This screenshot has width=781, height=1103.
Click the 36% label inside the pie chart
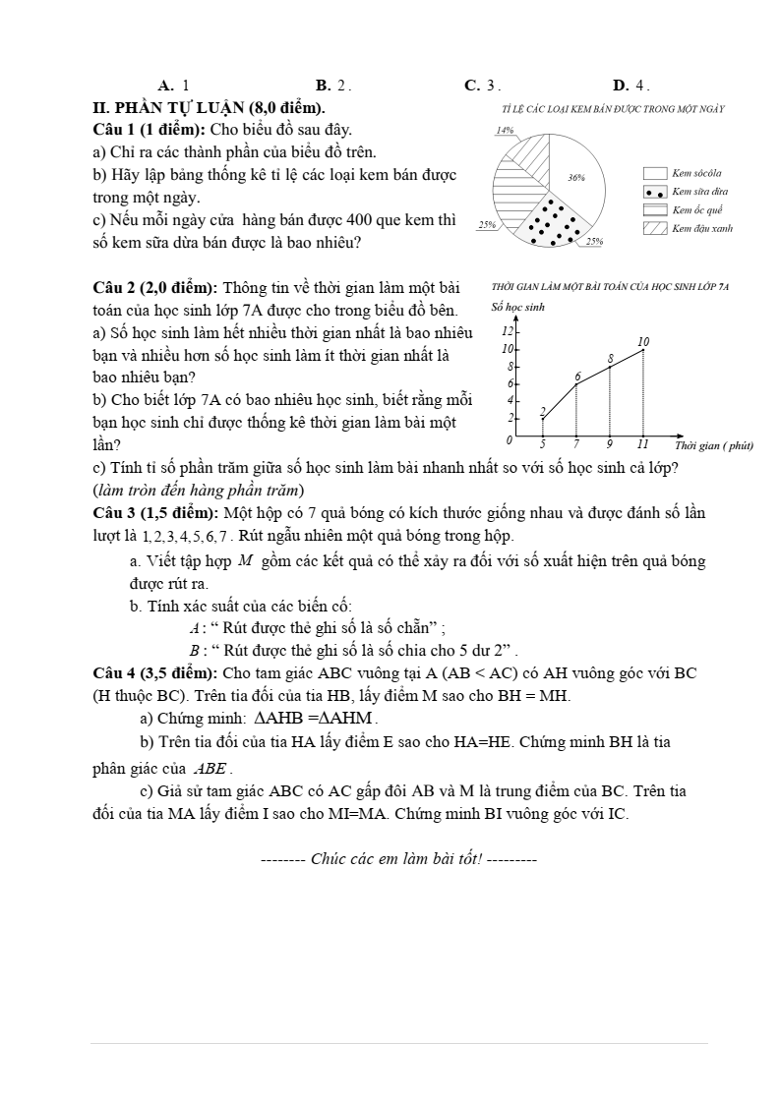click(576, 178)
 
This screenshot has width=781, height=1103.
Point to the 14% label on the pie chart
click(506, 130)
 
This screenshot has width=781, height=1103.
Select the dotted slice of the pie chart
click(556, 223)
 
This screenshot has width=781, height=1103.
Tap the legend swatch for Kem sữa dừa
click(655, 192)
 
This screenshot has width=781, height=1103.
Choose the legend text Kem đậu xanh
click(702, 228)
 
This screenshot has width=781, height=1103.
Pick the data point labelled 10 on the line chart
click(643, 349)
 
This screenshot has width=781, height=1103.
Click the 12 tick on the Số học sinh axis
click(509, 330)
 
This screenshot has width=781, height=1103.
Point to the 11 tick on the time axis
click(643, 444)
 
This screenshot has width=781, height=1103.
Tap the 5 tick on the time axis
click(543, 444)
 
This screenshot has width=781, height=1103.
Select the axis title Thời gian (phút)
click(713, 446)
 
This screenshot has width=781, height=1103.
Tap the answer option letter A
click(165, 86)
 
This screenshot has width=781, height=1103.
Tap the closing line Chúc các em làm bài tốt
click(398, 858)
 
